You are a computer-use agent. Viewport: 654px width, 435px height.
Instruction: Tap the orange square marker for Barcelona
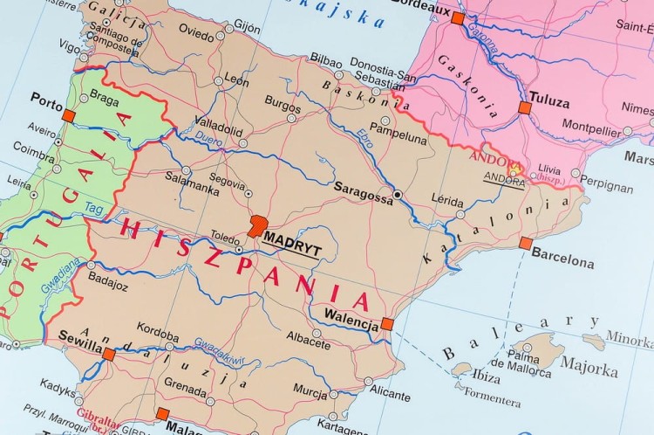(x=525, y=243)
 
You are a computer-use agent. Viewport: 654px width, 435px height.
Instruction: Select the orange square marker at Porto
(x=69, y=114)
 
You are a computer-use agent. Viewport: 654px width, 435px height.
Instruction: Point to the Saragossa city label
(x=363, y=197)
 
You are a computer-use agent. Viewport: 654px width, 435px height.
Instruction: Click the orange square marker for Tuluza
(x=525, y=107)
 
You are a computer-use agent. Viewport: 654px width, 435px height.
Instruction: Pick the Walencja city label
(x=350, y=314)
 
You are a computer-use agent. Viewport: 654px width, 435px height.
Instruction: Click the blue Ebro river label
(x=364, y=138)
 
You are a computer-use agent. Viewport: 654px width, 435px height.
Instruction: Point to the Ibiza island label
(x=486, y=378)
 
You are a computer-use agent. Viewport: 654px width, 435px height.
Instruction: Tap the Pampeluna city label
(x=398, y=138)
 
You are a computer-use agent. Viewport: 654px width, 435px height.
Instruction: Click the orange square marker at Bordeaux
(x=457, y=17)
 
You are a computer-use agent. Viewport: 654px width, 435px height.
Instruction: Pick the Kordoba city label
(x=158, y=337)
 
